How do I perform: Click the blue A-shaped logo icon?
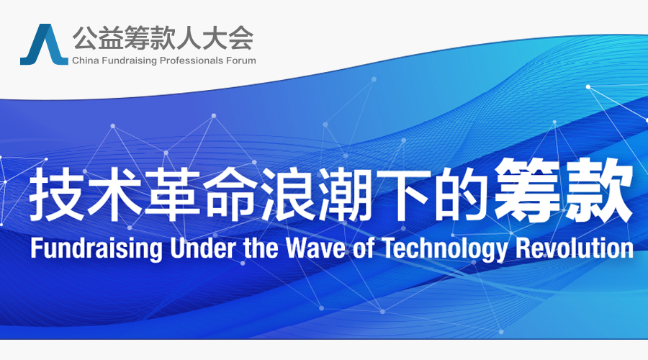coord(44,45)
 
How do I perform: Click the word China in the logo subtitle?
coord(86,60)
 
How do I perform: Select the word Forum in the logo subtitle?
coord(240,60)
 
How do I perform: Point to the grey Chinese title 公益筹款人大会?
coord(163,37)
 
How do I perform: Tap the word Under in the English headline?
coord(203,248)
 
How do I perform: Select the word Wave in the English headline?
coord(317,248)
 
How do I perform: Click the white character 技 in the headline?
coord(55,194)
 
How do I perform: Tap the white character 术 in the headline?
coord(113,194)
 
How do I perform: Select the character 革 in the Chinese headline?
coord(171,194)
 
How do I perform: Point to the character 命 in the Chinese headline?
coord(229,194)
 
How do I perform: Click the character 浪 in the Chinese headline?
coord(287,194)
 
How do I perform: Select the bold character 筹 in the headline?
coord(527,191)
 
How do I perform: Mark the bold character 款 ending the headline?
coord(598,191)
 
